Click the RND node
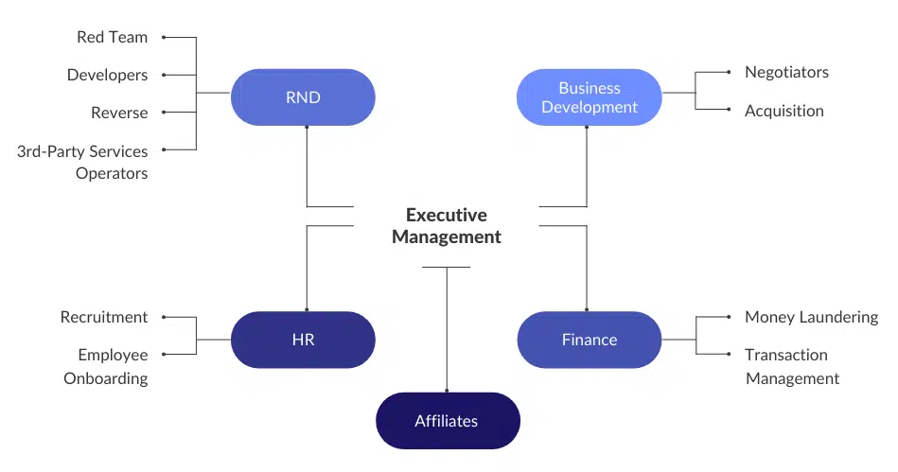coord(303,96)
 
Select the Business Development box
coord(589,96)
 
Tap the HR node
coord(303,340)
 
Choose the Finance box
coord(589,340)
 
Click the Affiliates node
coord(447,421)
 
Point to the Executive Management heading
coord(447,226)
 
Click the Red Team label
coord(112,37)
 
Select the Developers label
coord(107,75)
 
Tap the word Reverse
coord(119,113)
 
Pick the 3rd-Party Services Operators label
coord(83,162)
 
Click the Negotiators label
coord(786,72)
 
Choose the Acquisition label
coord(784,111)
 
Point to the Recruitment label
coord(104,317)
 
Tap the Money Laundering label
coord(811,317)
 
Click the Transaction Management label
coord(791,366)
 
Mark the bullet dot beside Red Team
coord(163,37)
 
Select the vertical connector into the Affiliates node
coord(447,331)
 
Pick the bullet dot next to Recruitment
coord(163,317)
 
